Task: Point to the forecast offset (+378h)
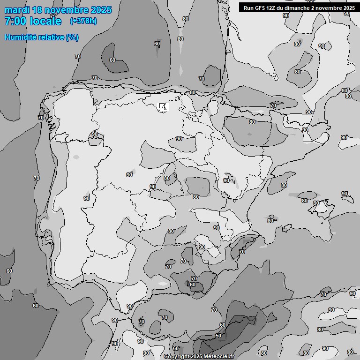83,21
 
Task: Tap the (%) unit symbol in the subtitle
72,37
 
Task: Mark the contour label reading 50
218,336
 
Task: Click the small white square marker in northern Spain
162,106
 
